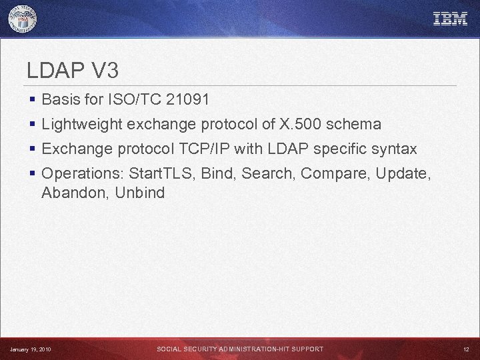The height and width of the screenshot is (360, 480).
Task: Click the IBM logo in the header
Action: (450, 19)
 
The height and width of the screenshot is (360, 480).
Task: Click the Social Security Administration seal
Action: (23, 19)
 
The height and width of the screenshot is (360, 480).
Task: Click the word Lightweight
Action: (82, 124)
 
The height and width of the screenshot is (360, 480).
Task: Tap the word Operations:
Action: (83, 173)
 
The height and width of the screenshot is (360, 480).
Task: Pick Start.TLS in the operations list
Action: (160, 173)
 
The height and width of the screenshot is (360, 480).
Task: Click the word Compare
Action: (335, 173)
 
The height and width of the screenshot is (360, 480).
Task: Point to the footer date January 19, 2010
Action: (30, 349)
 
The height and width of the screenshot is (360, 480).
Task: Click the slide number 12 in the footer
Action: (466, 349)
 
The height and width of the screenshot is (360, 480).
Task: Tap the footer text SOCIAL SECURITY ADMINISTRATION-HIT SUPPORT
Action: (240, 349)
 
